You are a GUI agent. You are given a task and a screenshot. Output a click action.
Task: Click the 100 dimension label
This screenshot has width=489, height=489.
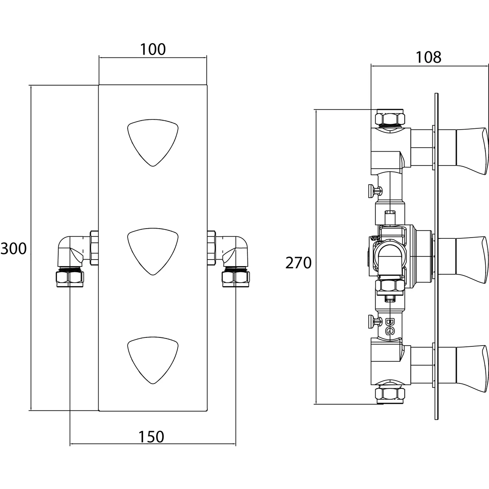[x=153, y=49]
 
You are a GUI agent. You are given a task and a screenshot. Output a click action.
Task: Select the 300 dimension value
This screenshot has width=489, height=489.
[x=13, y=248]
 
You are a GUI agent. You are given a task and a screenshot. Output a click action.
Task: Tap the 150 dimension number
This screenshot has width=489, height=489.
[x=151, y=437]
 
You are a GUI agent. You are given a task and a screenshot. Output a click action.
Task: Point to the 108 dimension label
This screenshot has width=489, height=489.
[x=429, y=57]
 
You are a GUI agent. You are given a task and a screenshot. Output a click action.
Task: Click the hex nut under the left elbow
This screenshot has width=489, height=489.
[x=70, y=278]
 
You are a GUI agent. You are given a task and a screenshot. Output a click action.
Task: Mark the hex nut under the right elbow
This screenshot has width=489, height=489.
[x=236, y=278]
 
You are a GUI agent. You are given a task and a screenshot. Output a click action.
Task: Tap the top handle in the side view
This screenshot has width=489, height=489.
[x=471, y=151]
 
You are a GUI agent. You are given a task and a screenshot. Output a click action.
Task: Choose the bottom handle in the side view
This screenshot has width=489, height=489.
[x=471, y=369]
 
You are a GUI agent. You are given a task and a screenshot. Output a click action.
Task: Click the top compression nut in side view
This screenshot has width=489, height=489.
[x=390, y=118]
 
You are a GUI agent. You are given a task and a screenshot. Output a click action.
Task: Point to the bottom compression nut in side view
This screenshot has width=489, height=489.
[x=390, y=394]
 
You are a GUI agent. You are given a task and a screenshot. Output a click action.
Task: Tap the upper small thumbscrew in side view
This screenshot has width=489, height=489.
[x=375, y=189]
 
